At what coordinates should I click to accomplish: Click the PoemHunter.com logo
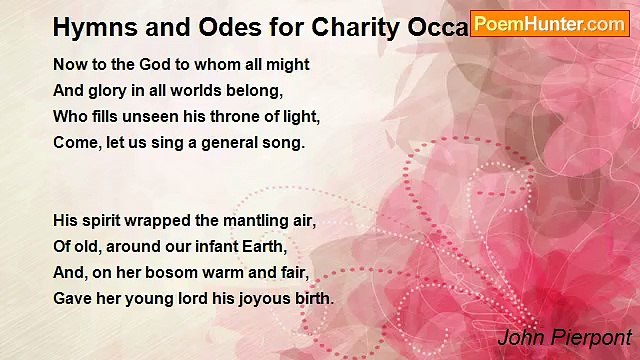point(550,23)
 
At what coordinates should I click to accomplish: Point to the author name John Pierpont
point(564,336)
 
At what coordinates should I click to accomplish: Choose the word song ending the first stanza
point(284,143)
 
